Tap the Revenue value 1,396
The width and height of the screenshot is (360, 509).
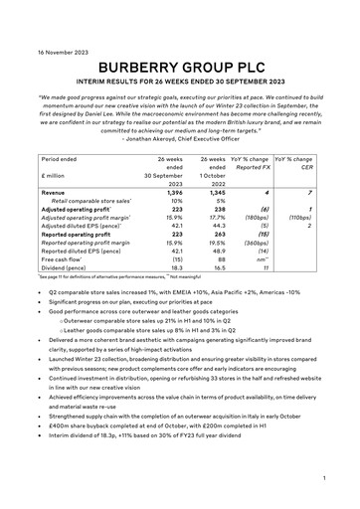click(171, 193)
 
